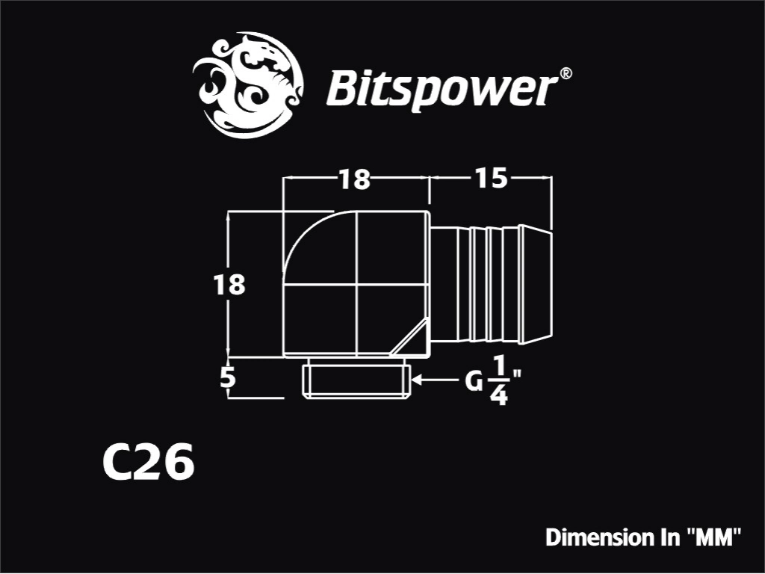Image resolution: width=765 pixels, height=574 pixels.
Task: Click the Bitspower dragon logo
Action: [x=248, y=85]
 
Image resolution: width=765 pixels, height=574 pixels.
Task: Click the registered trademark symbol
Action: [x=565, y=74]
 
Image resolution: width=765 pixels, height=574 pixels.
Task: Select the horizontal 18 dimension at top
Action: [x=355, y=179]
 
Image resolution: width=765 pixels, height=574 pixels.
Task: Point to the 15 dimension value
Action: [x=491, y=178]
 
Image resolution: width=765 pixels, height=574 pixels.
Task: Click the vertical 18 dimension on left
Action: [x=229, y=285]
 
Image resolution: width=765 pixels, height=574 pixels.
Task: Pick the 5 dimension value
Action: [x=228, y=377]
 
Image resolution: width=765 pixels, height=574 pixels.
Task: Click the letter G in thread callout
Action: [x=473, y=381]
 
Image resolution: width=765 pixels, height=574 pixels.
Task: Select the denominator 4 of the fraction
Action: [x=498, y=395]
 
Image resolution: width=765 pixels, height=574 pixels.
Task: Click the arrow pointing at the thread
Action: [x=436, y=379]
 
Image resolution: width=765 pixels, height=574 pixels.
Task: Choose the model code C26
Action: [x=149, y=462]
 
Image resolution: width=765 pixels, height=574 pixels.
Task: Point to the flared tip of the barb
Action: [x=536, y=283]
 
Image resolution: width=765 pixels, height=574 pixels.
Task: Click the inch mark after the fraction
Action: [x=517, y=375]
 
